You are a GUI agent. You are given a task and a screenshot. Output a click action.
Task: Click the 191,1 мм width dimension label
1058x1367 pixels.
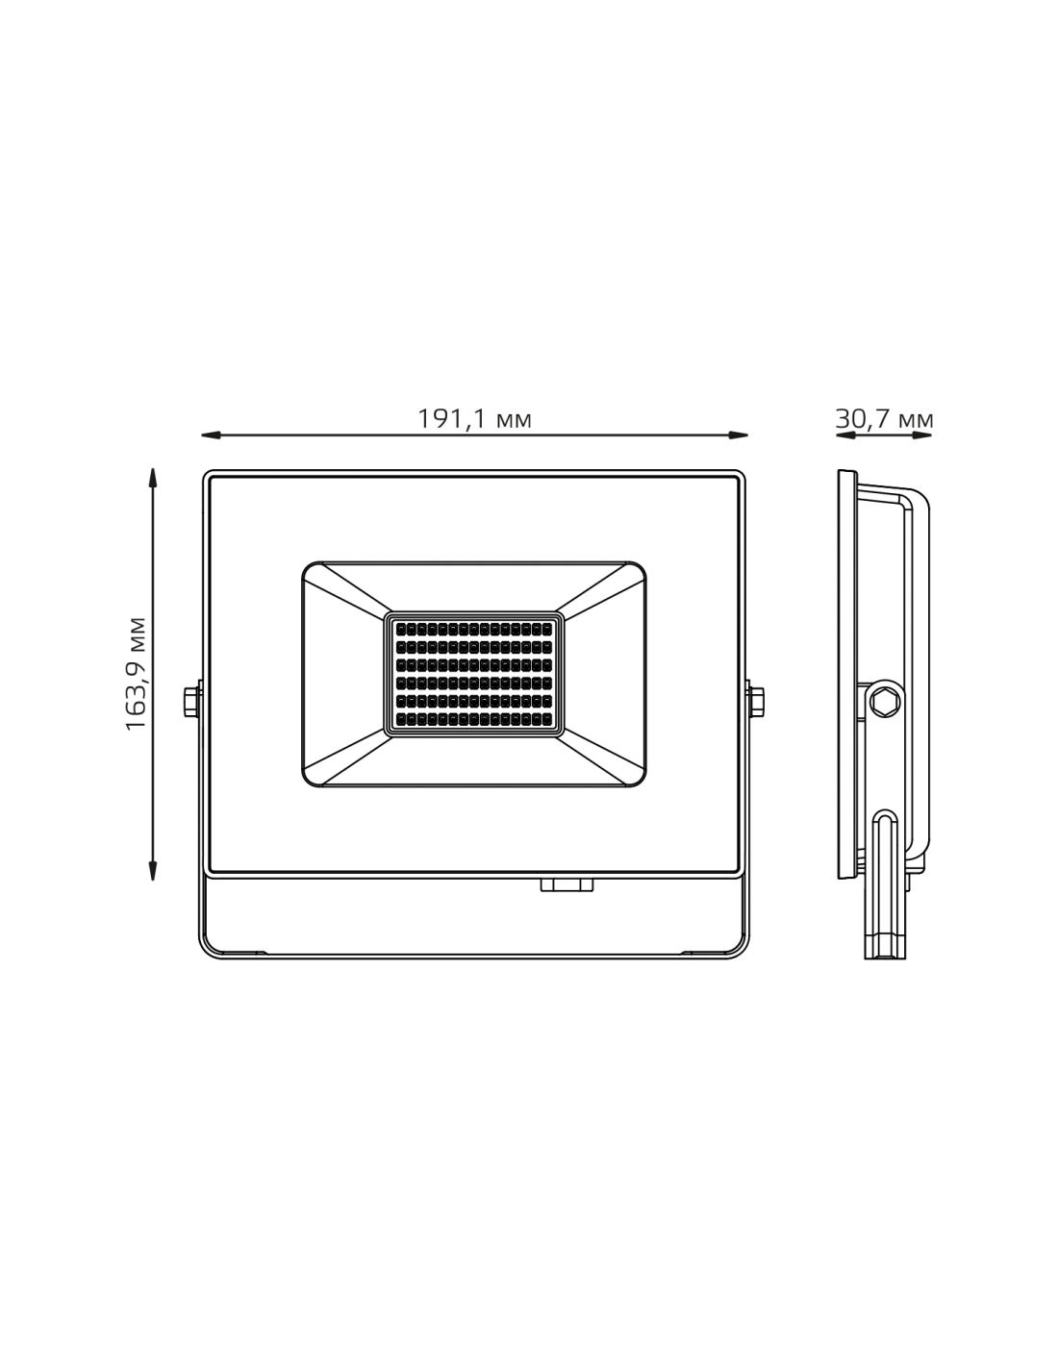click(474, 419)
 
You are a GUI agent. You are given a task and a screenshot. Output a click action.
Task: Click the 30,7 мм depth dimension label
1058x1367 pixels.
click(884, 419)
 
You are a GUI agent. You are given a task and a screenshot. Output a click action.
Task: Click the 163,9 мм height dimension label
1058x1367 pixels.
click(136, 674)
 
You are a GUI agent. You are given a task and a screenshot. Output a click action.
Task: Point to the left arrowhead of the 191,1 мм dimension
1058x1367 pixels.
click(211, 435)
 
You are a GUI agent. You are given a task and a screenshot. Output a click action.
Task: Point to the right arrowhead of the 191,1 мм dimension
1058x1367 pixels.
click(739, 435)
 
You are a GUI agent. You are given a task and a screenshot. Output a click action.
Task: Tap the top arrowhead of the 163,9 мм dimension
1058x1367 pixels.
click(152, 477)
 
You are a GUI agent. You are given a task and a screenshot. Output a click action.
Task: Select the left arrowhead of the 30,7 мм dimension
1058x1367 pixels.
click(845, 435)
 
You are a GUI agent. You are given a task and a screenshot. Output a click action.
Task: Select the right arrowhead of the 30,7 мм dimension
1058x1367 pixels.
click(922, 435)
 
